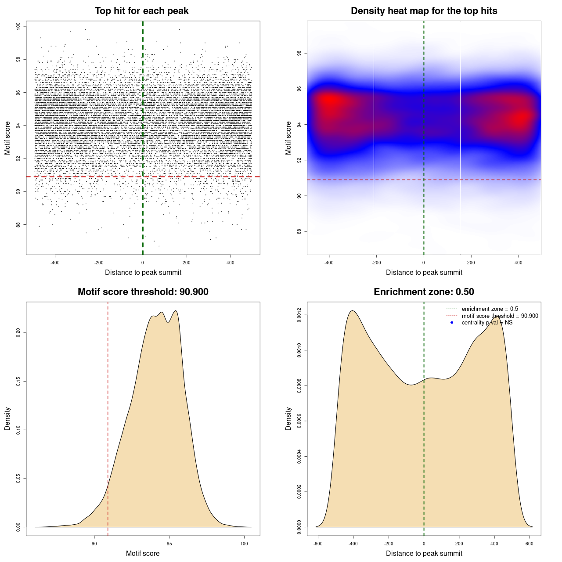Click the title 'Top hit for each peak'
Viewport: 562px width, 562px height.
coord(141,11)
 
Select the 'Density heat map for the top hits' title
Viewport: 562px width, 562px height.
coord(424,11)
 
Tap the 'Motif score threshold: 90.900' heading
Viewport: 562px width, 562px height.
coord(143,292)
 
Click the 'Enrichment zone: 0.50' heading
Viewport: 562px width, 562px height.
coord(424,292)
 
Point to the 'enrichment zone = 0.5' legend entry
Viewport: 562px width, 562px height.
coord(490,309)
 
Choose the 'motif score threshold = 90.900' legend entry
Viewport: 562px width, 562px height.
coord(500,316)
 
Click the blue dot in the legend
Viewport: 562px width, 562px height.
coord(452,323)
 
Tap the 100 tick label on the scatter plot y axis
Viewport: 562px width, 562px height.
coord(18,26)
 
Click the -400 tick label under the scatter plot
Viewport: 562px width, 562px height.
coord(55,263)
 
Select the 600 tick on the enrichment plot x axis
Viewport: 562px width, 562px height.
coord(530,544)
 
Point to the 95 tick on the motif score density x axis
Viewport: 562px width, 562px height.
coord(169,544)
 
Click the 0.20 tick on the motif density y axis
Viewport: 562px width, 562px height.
coord(18,333)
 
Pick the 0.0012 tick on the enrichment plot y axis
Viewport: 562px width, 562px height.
coord(299,315)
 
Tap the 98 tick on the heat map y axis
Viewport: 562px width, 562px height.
coord(299,54)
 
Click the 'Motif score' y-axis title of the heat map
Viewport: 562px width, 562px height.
coord(288,138)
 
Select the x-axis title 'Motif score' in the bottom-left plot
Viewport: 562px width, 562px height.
coord(143,553)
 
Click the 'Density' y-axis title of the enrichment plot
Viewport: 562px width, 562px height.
coord(288,418)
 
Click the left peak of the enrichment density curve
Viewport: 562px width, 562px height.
coord(352,311)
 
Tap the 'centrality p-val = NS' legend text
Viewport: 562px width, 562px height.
coord(487,323)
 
